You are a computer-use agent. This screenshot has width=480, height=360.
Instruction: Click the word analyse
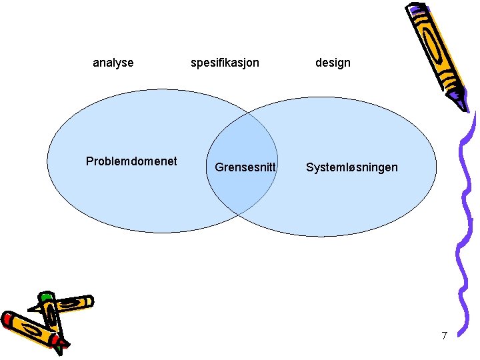[x=113, y=63]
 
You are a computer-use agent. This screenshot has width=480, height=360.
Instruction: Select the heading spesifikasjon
[x=225, y=63]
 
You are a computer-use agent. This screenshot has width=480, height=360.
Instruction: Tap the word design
[x=333, y=63]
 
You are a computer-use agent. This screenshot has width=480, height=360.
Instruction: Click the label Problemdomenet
[x=131, y=161]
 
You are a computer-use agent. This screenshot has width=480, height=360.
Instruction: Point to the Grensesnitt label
[x=245, y=167]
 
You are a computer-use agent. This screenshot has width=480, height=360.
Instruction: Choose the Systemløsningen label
[x=351, y=167]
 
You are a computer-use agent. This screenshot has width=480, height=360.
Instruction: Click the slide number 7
[x=444, y=335]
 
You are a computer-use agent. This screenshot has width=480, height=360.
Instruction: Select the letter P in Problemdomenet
[x=89, y=161]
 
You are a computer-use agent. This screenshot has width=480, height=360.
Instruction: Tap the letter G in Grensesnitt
[x=219, y=167]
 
